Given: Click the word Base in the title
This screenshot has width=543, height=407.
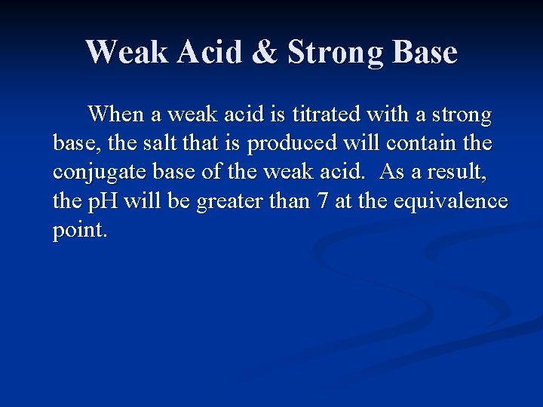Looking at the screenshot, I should [x=425, y=53].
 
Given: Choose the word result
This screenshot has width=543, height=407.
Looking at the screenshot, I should [x=459, y=173].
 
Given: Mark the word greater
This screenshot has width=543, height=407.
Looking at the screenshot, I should [x=229, y=202].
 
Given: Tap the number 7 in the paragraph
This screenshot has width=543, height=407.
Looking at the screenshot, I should [x=322, y=201].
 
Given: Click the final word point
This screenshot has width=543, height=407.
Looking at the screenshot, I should [x=80, y=231].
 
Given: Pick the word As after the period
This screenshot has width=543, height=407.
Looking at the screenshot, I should [x=391, y=173].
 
